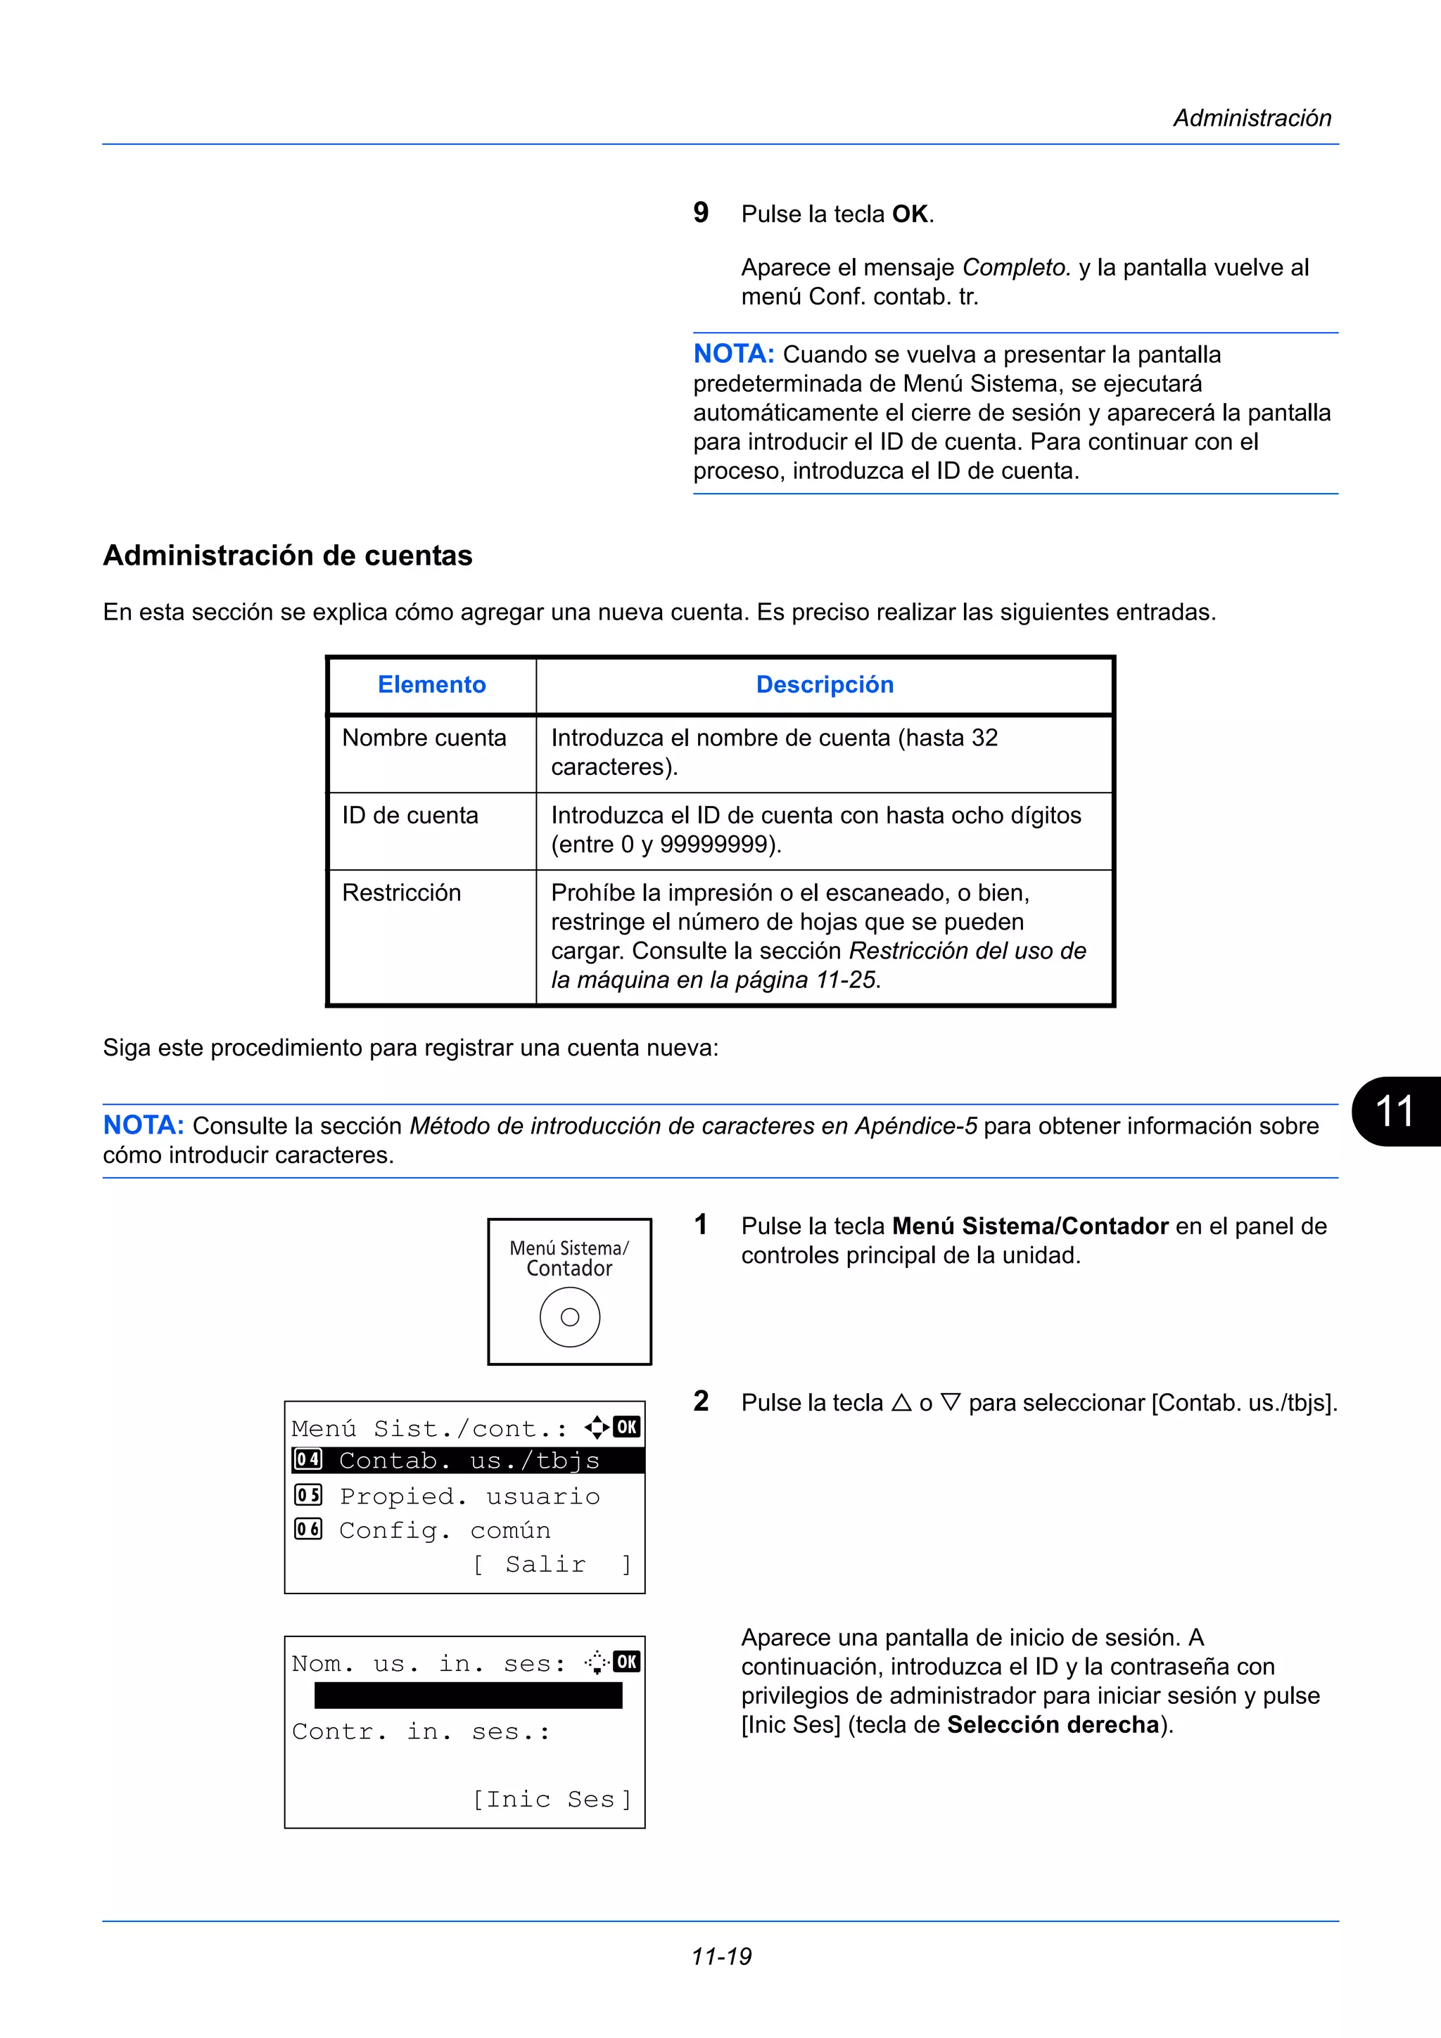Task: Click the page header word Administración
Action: [x=1251, y=118]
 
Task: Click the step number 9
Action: [x=701, y=213]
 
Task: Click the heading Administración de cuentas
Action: [x=288, y=556]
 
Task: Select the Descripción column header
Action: [x=824, y=684]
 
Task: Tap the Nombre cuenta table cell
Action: [x=424, y=738]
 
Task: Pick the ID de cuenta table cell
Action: [x=410, y=815]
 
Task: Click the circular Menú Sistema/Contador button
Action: [x=569, y=1317]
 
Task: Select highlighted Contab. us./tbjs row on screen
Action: [x=468, y=1460]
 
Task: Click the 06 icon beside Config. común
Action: [x=308, y=1530]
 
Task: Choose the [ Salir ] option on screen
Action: [x=550, y=1564]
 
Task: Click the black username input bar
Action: [x=468, y=1696]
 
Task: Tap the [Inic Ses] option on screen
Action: [x=550, y=1799]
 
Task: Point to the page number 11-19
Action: [x=721, y=1956]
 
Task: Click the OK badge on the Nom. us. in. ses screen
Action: [x=627, y=1662]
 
